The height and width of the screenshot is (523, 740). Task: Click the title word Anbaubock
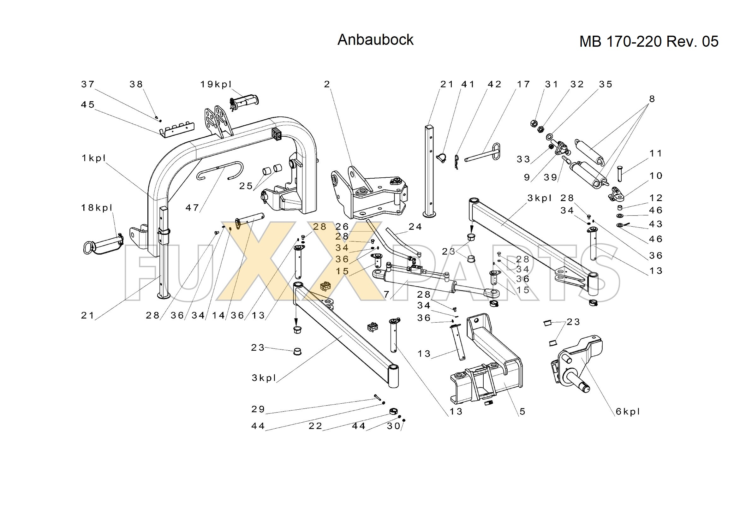pos(375,40)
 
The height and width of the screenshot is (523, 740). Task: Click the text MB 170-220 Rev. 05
pos(648,42)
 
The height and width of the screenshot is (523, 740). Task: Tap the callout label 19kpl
pos(216,84)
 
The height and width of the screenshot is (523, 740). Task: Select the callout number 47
pos(192,208)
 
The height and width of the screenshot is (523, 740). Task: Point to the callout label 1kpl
pos(94,158)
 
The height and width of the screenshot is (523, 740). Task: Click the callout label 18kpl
pos(97,208)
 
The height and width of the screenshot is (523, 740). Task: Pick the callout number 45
pos(88,105)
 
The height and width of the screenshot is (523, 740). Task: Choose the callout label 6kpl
pos(628,412)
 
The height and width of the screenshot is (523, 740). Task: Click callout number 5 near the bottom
pos(522,412)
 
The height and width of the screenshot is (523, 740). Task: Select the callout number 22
pos(315,426)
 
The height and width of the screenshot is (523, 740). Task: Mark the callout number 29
pos(258,409)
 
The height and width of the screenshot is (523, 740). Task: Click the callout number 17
pos(523,84)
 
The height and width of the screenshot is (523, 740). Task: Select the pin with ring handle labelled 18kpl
pos(103,244)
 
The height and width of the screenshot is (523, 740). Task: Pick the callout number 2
pos(327,84)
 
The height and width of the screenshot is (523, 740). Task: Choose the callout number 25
pos(246,186)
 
